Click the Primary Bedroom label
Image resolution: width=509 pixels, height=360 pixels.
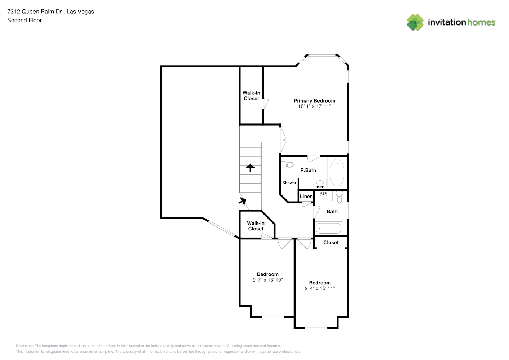314,101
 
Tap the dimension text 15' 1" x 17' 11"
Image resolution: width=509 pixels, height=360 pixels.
314,107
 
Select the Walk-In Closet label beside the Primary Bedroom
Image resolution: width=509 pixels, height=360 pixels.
251,96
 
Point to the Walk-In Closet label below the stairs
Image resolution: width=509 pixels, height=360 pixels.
256,226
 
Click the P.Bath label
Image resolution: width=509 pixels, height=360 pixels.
308,170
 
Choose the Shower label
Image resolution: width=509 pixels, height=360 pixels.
289,183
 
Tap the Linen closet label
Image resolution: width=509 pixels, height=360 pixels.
306,197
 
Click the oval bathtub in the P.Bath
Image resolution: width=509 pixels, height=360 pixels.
337,173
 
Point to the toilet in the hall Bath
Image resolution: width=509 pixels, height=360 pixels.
339,197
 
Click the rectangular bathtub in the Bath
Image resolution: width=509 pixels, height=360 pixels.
328,229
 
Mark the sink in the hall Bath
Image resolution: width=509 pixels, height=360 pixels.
323,195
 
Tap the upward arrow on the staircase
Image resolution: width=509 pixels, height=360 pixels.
250,167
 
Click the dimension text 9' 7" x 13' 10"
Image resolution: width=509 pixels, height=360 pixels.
267,280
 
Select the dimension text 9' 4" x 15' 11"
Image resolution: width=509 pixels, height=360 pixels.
320,288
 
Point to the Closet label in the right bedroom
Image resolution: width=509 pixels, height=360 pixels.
331,243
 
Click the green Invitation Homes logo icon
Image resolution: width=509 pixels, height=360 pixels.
415,22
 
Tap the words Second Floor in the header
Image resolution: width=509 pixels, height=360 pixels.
24,21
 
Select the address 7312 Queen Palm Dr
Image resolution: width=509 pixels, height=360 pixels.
35,12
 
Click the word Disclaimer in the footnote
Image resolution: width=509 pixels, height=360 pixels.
24,346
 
